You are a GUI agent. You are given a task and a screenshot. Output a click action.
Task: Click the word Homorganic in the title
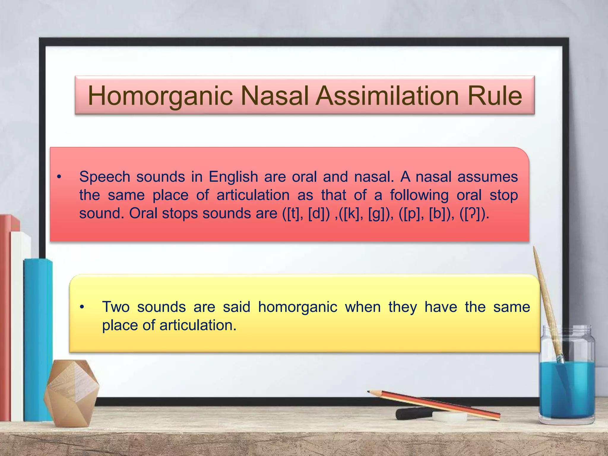[x=160, y=96]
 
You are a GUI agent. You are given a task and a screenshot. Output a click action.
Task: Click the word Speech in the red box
[x=105, y=177]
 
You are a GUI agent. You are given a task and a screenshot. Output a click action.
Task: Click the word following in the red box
[x=419, y=195]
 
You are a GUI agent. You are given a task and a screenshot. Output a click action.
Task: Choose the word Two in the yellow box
[x=116, y=307]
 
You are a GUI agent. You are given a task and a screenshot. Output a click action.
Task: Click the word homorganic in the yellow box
[x=297, y=307]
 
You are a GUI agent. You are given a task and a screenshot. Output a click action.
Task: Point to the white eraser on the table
[x=449, y=416]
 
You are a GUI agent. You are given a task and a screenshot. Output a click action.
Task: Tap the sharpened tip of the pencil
[x=369, y=392]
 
